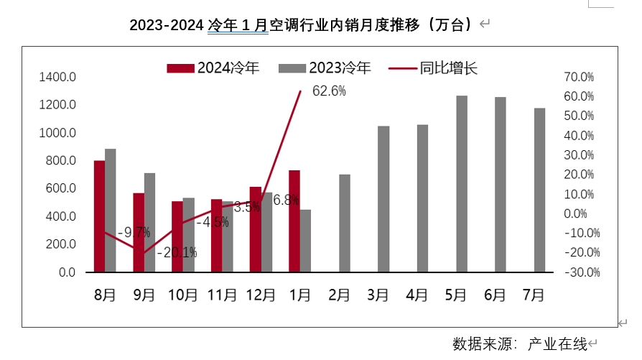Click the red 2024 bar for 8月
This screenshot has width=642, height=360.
tap(99, 216)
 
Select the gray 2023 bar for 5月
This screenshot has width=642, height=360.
tap(462, 184)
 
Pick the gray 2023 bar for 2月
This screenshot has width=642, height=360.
tap(345, 223)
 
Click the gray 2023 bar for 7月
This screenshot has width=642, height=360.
tap(539, 190)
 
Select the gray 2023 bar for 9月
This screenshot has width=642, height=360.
tap(149, 223)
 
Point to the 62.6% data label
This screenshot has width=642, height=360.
tap(330, 91)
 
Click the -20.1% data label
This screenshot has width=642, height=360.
tap(180, 252)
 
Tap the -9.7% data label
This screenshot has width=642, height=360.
tap(134, 232)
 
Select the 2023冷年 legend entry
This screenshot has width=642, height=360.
tap(325, 68)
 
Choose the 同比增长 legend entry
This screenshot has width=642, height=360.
tap(433, 68)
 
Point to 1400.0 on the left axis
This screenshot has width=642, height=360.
tap(58, 77)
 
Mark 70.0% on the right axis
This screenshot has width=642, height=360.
tap(578, 77)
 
